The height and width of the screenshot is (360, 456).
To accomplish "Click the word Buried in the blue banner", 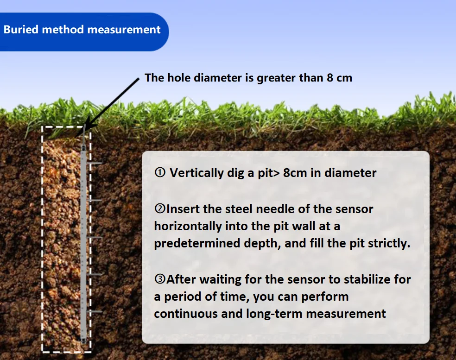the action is [x=21, y=29].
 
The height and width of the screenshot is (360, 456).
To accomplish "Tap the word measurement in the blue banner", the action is [x=124, y=29].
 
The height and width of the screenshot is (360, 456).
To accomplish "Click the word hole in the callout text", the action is [x=180, y=78].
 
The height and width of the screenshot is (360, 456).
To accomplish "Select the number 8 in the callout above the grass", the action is [x=330, y=78].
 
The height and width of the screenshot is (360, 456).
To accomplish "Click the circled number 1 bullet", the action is [x=160, y=172].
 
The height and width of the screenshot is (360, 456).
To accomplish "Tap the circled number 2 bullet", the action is [x=160, y=208].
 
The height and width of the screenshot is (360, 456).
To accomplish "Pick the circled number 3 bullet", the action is [x=160, y=279].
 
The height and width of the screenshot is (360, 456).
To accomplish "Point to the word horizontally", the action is [x=188, y=226].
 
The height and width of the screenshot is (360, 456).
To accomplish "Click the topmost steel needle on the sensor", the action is [x=95, y=163].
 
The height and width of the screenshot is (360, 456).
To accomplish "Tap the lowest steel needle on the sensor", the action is [x=95, y=312].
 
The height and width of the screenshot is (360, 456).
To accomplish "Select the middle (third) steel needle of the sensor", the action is [x=95, y=238].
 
